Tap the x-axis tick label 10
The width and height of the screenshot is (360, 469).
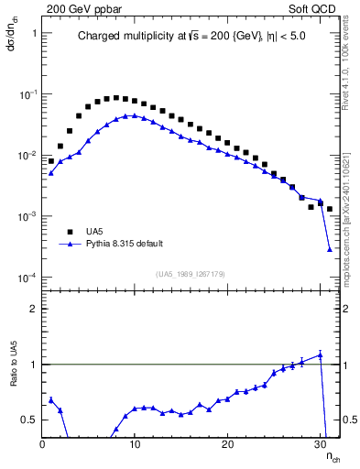tap(135, 444)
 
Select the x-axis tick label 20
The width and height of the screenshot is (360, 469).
tap(227, 444)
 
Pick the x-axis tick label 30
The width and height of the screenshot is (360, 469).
tap(320, 444)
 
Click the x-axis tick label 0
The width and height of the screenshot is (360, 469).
tap(43, 444)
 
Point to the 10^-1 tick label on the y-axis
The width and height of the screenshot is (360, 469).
tap(27, 94)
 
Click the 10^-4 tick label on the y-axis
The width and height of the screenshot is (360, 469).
tap(27, 278)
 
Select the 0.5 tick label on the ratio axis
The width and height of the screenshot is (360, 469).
tap(28, 420)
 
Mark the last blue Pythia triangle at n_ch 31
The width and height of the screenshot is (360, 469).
tap(330, 249)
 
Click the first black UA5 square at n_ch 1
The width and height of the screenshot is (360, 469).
tap(51, 161)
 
